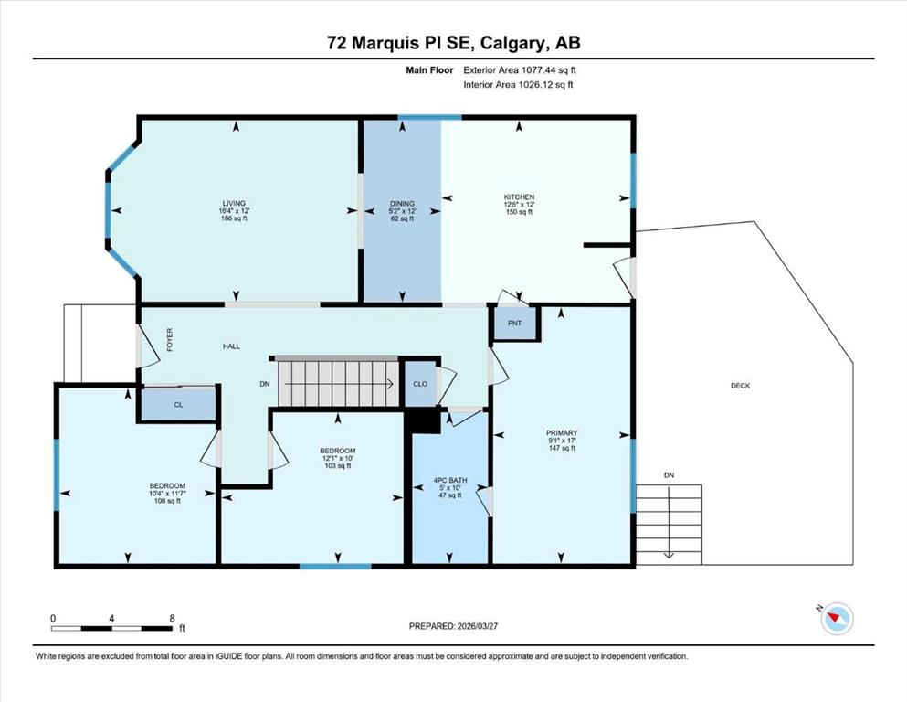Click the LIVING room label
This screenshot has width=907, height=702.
tap(234, 203)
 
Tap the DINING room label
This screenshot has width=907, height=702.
tap(402, 203)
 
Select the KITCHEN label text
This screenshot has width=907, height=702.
tap(519, 197)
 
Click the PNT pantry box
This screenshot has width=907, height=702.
tap(515, 323)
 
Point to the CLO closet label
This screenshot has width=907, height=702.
tap(420, 384)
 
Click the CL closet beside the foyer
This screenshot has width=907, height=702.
tap(178, 404)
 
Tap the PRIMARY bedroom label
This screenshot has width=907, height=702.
tap(562, 433)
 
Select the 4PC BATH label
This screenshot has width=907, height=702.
tap(449, 481)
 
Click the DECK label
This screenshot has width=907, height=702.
tap(741, 386)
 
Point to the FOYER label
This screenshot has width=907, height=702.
tap(170, 340)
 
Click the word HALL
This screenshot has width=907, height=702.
tap(231, 346)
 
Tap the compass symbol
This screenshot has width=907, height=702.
tap(837, 618)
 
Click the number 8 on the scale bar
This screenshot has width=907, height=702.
tap(172, 619)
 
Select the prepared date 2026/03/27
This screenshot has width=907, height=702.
tap(477, 626)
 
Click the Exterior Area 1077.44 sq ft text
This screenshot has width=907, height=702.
tap(520, 70)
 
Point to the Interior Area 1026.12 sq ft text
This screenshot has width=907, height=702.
tap(518, 85)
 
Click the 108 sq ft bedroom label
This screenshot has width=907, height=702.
tap(167, 501)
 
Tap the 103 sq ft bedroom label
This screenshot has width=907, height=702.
tap(338, 465)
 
